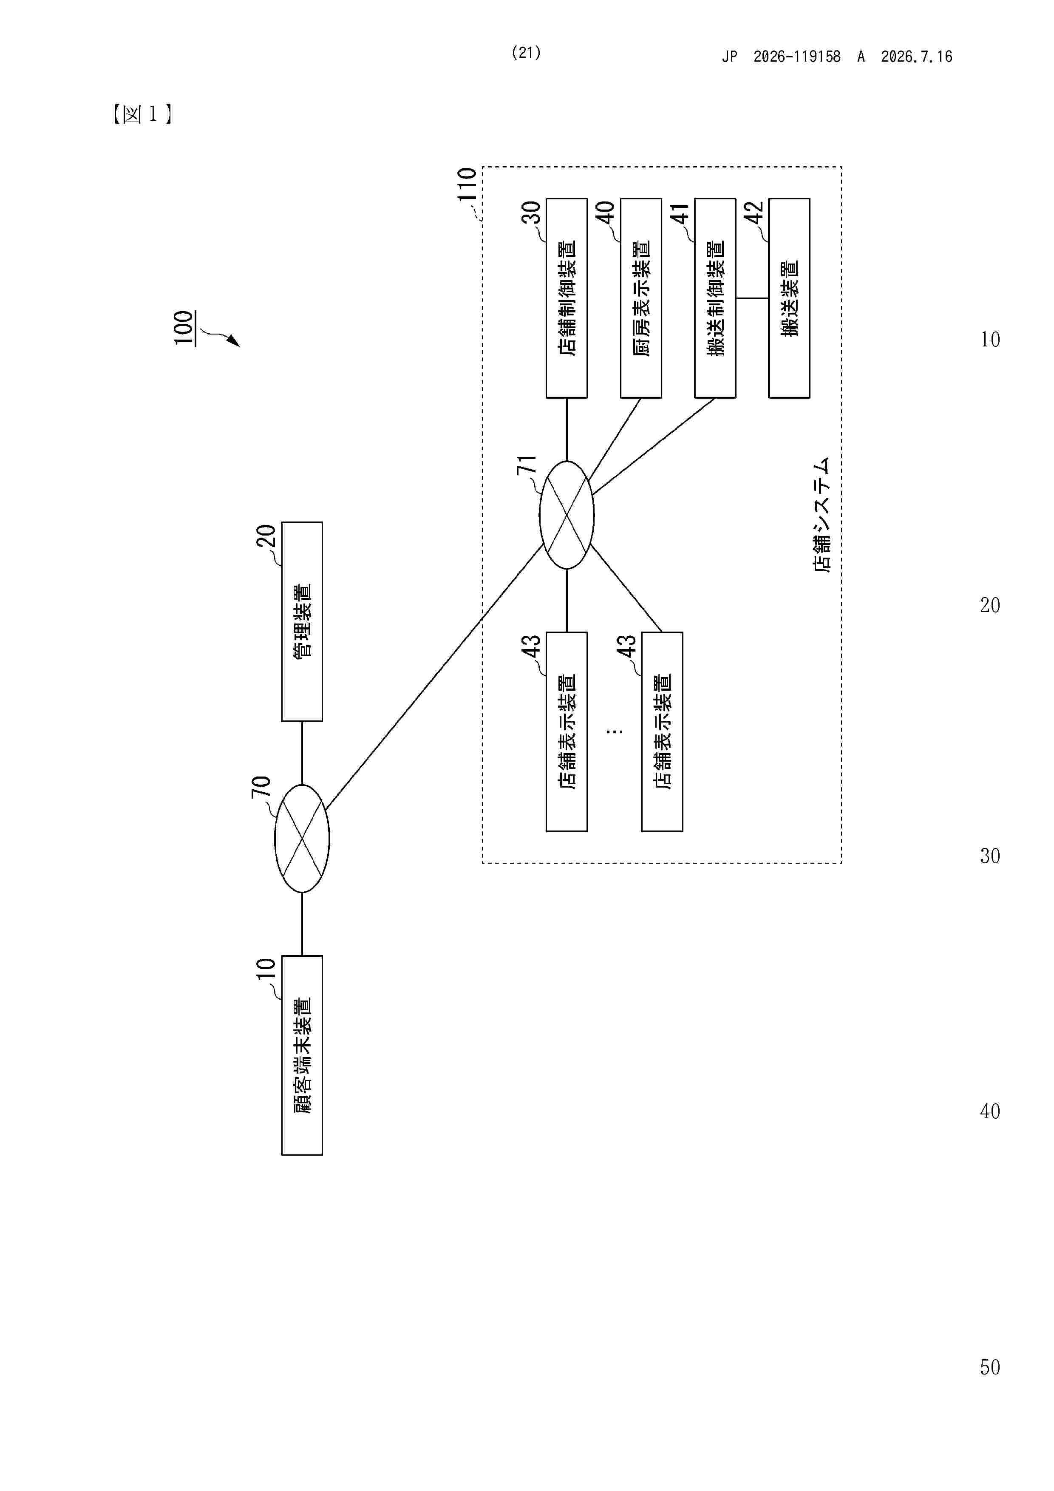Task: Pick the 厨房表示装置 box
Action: pyautogui.click(x=641, y=298)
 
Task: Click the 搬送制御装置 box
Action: pyautogui.click(x=715, y=298)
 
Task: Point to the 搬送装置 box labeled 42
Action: pyautogui.click(x=789, y=298)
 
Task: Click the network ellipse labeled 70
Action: pyautogui.click(x=302, y=838)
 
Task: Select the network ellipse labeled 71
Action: pyautogui.click(x=567, y=515)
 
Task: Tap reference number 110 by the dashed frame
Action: pyautogui.click(x=467, y=184)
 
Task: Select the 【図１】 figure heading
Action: pyautogui.click(x=142, y=114)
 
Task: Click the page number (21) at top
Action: pyautogui.click(x=526, y=53)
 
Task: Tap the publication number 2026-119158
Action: pyautogui.click(x=797, y=57)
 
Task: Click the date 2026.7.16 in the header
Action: pyautogui.click(x=916, y=57)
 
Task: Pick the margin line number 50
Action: pyautogui.click(x=990, y=1368)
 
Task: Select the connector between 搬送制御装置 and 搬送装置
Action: pyautogui.click(x=752, y=299)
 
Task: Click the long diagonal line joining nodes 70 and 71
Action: pyautogui.click(x=434, y=678)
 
